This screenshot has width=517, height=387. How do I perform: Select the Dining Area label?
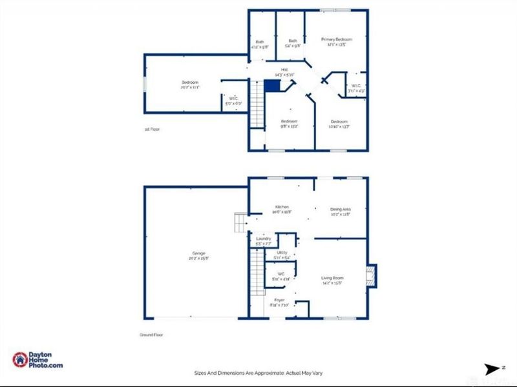pos(341,212)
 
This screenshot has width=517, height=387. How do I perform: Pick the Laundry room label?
pos(263,241)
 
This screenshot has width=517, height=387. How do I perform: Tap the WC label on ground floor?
pos(281,276)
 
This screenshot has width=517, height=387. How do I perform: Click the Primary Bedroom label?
pos(336,42)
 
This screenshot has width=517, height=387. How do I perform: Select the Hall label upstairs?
pos(284,72)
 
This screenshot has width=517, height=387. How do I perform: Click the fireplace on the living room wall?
pos(371,276)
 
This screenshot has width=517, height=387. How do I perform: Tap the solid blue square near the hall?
pos(272,86)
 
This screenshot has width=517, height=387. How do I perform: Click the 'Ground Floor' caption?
pos(150,335)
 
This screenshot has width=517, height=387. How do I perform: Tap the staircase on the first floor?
pos(258,110)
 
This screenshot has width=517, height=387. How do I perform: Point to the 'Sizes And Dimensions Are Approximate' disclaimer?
pos(258,372)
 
